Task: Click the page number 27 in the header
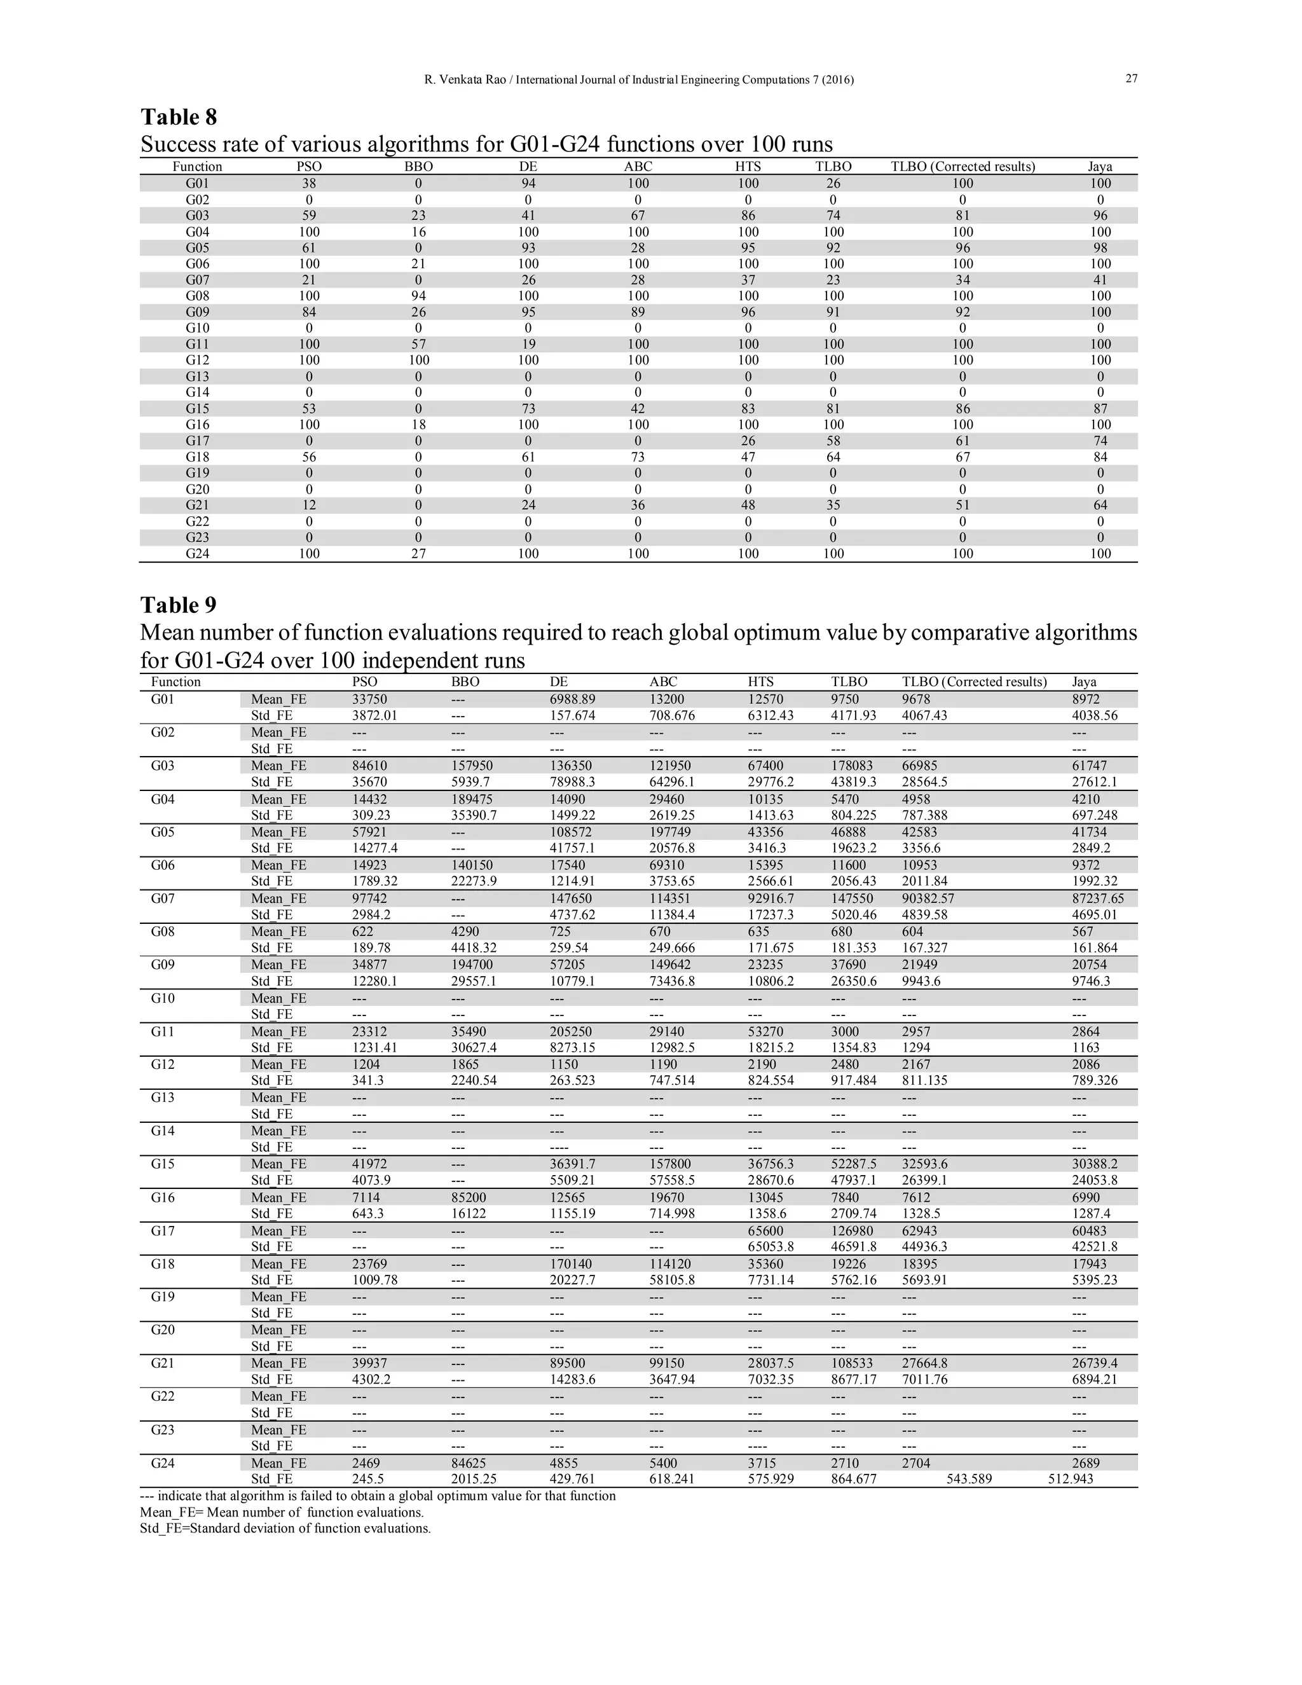click(x=1132, y=79)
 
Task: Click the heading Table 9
click(x=178, y=605)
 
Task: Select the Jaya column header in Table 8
click(x=1100, y=167)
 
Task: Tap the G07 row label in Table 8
click(x=198, y=280)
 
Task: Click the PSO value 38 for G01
click(x=308, y=184)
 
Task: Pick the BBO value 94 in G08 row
click(x=418, y=296)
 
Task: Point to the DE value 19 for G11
click(x=528, y=344)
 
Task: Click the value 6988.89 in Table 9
click(x=572, y=699)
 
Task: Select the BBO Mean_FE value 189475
click(x=471, y=799)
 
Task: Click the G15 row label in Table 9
click(x=163, y=1164)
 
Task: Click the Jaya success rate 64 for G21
click(x=1100, y=505)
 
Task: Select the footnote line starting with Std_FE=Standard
click(x=285, y=1529)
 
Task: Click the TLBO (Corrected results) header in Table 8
click(x=963, y=167)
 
